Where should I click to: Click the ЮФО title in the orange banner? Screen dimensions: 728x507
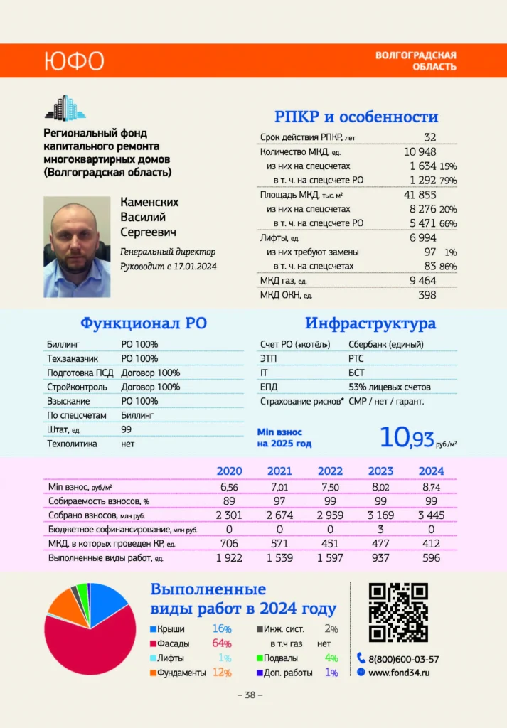click(x=73, y=60)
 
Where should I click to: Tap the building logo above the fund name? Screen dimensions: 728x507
click(x=65, y=107)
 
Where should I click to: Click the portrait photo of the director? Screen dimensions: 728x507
click(x=77, y=247)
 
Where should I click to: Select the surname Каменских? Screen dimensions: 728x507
click(x=149, y=202)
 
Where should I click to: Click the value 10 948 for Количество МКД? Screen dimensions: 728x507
click(x=420, y=151)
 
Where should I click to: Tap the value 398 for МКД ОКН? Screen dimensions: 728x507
click(x=427, y=294)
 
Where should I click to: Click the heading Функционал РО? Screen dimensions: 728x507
click(x=143, y=323)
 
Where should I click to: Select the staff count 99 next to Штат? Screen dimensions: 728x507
click(x=128, y=429)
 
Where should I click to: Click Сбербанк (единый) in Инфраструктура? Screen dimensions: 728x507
click(x=386, y=345)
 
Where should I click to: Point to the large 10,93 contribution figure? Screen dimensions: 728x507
click(x=406, y=437)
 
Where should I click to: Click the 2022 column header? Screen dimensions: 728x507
click(x=330, y=471)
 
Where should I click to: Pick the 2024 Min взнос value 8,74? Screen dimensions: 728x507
click(x=431, y=487)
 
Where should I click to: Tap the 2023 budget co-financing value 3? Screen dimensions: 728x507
click(x=380, y=530)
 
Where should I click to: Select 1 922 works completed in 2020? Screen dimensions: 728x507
click(x=229, y=558)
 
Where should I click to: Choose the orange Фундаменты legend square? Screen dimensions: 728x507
click(x=153, y=673)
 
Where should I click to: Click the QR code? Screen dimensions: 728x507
click(x=397, y=612)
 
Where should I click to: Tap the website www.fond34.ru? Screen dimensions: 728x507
click(x=404, y=673)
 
